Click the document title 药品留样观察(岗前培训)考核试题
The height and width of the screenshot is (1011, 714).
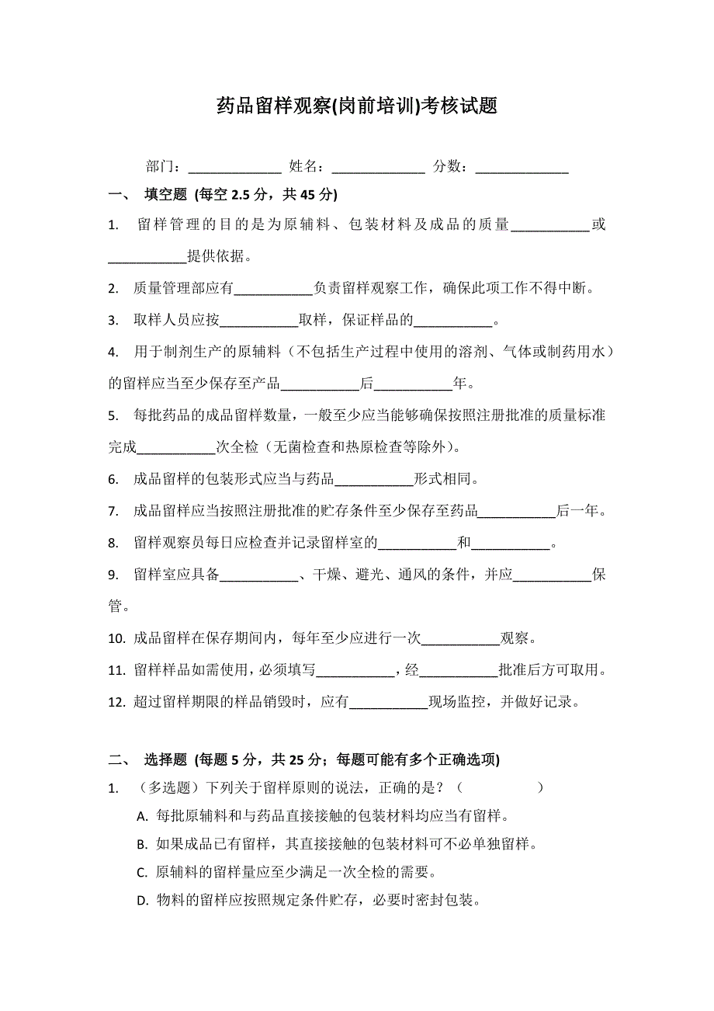click(x=357, y=106)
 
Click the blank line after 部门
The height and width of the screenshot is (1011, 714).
click(x=234, y=168)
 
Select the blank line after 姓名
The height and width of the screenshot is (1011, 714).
click(x=378, y=168)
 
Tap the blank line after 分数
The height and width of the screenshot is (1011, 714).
click(x=522, y=168)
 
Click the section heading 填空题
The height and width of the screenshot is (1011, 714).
click(x=167, y=194)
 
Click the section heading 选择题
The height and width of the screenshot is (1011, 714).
click(x=167, y=759)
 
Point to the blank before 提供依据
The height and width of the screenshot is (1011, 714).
click(x=147, y=257)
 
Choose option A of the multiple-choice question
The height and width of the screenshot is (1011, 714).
click(x=141, y=817)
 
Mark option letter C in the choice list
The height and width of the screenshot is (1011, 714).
click(x=141, y=873)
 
